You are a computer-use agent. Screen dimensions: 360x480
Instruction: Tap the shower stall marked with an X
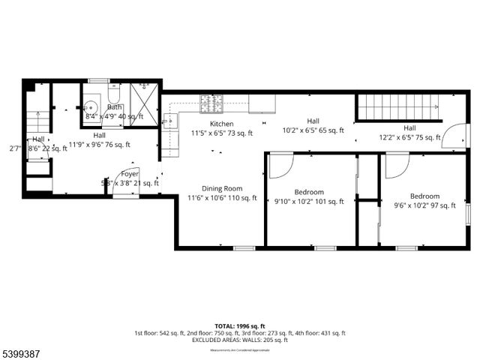pos(143,104)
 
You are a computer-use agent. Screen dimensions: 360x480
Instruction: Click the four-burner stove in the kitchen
pos(211,103)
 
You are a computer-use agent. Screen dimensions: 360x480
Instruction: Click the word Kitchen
pos(221,124)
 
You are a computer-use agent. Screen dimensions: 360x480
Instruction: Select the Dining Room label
pos(221,189)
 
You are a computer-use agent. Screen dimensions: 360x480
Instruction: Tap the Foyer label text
pos(130,173)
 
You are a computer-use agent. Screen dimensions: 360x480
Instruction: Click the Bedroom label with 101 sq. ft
pos(308,191)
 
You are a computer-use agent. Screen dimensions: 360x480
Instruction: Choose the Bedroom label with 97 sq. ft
pos(424,196)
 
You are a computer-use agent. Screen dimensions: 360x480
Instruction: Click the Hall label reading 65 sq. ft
pos(313,121)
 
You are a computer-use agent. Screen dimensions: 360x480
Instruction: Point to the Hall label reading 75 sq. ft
pos(409,128)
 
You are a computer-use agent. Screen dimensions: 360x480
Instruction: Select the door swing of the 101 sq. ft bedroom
pos(279,165)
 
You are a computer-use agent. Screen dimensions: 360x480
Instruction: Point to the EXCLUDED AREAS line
pos(239,340)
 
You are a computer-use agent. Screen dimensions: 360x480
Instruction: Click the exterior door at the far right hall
pos(451,136)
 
